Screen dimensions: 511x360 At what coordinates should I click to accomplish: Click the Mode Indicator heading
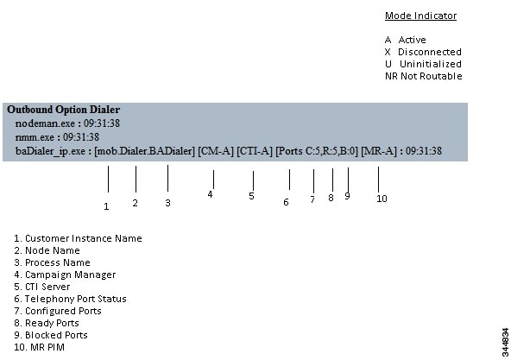(420, 16)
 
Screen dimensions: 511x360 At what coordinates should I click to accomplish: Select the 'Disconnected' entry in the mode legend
(423, 52)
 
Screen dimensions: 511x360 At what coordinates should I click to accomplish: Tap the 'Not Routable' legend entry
(424, 76)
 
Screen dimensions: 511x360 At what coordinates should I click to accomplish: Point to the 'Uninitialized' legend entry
(423, 64)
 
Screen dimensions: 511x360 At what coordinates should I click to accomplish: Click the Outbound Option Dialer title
(64, 110)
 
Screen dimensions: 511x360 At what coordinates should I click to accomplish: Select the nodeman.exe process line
(67, 123)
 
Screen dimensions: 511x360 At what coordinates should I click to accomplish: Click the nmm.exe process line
(57, 137)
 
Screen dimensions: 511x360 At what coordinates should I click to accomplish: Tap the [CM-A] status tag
(216, 151)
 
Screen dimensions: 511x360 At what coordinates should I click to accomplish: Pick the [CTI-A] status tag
(255, 151)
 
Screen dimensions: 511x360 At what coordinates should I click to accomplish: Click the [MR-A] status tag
(379, 151)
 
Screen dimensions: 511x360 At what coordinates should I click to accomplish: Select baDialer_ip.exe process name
(50, 151)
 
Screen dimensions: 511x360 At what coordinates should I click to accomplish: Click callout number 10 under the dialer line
(382, 199)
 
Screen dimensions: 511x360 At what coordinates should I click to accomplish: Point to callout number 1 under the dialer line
(106, 206)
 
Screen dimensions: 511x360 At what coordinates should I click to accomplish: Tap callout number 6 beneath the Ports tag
(286, 202)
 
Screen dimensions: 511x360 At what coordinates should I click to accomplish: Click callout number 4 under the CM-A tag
(211, 194)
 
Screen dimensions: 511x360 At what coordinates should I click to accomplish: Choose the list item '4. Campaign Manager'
(65, 275)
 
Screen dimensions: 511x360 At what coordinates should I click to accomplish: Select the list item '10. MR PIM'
(39, 347)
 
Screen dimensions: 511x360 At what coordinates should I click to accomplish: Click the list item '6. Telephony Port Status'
(70, 299)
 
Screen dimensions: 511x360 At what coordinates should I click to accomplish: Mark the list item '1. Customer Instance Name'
(78, 238)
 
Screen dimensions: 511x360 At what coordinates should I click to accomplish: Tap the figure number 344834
(506, 343)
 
